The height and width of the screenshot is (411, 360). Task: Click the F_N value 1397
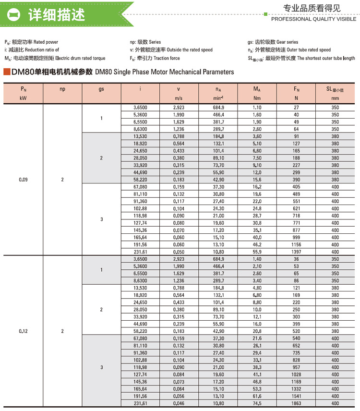296,252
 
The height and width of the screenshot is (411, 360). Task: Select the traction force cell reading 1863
296,403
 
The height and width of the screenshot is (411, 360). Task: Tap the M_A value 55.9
257,252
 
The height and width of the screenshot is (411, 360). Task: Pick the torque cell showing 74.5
257,403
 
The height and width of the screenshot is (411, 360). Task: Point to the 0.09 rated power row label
23,180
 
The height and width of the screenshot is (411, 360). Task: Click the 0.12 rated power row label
23,331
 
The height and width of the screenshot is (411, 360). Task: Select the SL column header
335,89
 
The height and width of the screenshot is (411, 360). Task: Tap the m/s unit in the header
179,98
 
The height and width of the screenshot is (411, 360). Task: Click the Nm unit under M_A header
257,98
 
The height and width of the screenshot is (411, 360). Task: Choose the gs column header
101,89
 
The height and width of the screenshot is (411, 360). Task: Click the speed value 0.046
179,403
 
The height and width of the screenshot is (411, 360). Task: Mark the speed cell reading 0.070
179,230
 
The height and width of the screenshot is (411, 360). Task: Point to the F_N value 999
296,237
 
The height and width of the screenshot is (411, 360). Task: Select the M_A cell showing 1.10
257,108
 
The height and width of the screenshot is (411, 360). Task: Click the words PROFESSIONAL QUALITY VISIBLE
314,19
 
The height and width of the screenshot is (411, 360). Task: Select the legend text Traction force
167,58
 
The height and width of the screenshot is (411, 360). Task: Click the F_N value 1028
296,375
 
